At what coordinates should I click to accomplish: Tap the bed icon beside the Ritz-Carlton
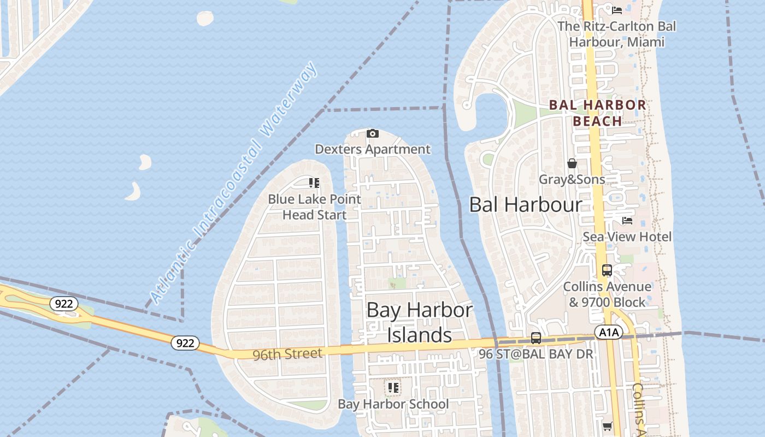click(x=617, y=10)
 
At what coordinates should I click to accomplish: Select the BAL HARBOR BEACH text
click(x=597, y=113)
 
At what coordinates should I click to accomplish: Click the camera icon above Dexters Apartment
click(x=372, y=133)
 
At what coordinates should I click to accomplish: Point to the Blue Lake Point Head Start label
click(x=314, y=206)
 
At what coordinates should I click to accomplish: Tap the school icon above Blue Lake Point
click(x=314, y=183)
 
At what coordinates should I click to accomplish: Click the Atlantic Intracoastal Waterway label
click(x=233, y=184)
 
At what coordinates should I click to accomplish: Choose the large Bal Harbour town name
click(x=526, y=205)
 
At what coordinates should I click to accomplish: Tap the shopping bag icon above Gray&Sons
click(x=572, y=163)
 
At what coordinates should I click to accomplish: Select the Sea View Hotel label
click(x=627, y=237)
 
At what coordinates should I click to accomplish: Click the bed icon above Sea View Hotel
click(x=627, y=221)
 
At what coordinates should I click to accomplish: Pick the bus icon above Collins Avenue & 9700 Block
click(x=607, y=270)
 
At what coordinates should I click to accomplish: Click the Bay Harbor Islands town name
click(x=420, y=322)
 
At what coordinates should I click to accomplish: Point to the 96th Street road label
click(x=287, y=355)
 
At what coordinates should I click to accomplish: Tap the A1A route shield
click(x=608, y=332)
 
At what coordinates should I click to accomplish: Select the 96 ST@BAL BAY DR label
click(x=535, y=354)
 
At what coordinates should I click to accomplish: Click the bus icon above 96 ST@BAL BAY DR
click(x=536, y=338)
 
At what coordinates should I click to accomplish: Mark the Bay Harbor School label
click(x=393, y=404)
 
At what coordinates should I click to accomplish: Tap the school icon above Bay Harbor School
click(x=393, y=388)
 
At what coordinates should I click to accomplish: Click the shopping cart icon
click(x=607, y=426)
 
